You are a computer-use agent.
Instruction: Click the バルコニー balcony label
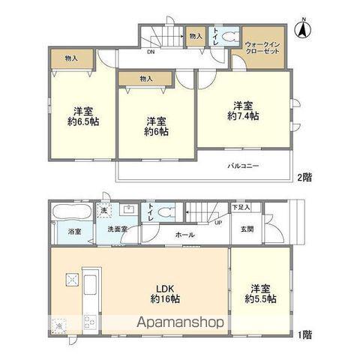245,166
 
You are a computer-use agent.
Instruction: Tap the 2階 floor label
304,177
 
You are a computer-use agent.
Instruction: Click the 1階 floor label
304,334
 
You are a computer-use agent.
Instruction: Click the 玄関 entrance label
247,229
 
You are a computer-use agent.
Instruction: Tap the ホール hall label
184,235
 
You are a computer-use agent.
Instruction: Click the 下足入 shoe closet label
239,206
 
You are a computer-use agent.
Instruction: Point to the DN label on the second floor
151,52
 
